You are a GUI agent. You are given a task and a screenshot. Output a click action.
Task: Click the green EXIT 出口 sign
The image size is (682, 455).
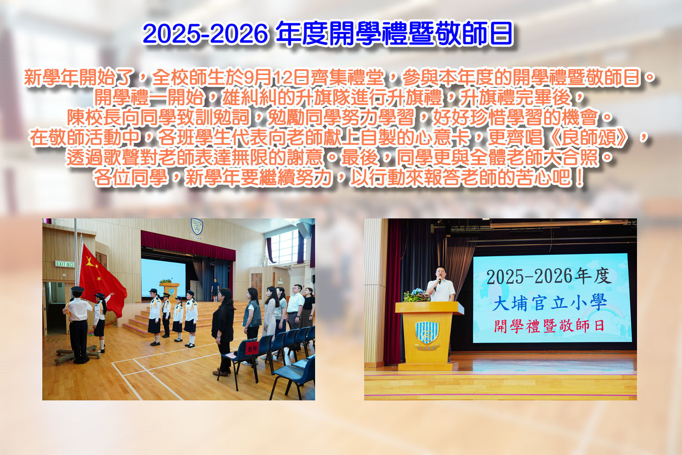(x=65, y=264)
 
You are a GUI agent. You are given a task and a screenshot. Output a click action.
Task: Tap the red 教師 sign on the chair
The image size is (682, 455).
(x=252, y=348)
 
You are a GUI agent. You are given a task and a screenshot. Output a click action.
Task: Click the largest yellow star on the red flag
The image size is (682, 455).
(x=90, y=261)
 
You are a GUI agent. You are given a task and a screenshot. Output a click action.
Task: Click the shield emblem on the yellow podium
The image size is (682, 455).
(x=427, y=333)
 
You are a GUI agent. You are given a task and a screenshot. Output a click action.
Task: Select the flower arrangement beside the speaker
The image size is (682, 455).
(x=416, y=295)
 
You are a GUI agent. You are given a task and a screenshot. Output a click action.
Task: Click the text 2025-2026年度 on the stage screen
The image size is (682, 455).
(x=549, y=276)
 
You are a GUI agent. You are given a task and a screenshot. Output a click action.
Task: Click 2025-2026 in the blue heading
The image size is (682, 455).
(x=206, y=34)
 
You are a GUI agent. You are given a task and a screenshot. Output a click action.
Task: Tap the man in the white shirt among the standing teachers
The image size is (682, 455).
(x=295, y=308)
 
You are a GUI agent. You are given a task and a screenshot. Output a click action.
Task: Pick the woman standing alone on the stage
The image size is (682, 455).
(x=215, y=289)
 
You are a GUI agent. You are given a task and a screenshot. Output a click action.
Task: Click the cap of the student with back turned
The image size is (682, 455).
(x=78, y=289)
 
